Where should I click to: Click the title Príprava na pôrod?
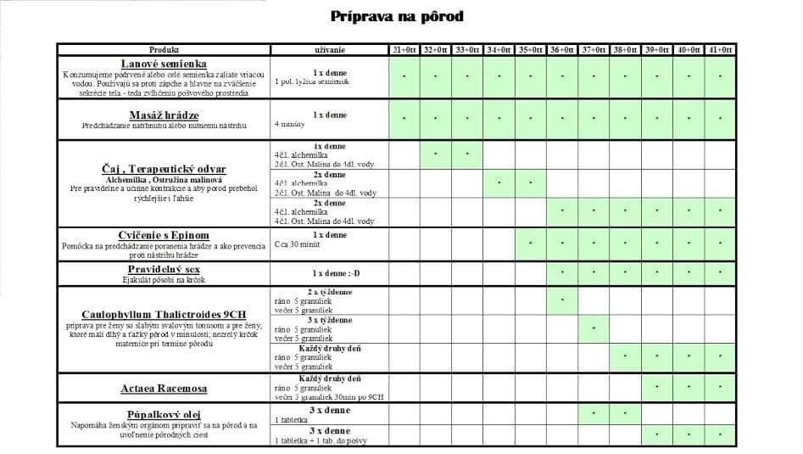click(x=397, y=16)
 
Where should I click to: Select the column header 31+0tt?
click(x=404, y=50)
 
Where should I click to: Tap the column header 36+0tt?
click(x=561, y=50)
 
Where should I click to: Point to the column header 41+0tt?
click(x=719, y=50)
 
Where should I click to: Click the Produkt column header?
click(x=164, y=50)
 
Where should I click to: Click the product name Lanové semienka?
click(x=164, y=64)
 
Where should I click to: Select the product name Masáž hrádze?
click(x=164, y=115)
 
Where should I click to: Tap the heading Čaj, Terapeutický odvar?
click(x=164, y=168)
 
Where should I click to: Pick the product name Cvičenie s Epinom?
click(x=164, y=235)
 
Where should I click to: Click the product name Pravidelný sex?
click(x=164, y=268)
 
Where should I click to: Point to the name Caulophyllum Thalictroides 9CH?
click(x=164, y=313)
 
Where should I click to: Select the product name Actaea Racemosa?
click(x=164, y=389)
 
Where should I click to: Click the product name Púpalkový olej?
click(x=164, y=412)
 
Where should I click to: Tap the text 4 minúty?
click(x=289, y=125)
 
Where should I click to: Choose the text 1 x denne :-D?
click(x=330, y=273)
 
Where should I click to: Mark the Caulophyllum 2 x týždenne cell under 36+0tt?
click(x=561, y=300)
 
